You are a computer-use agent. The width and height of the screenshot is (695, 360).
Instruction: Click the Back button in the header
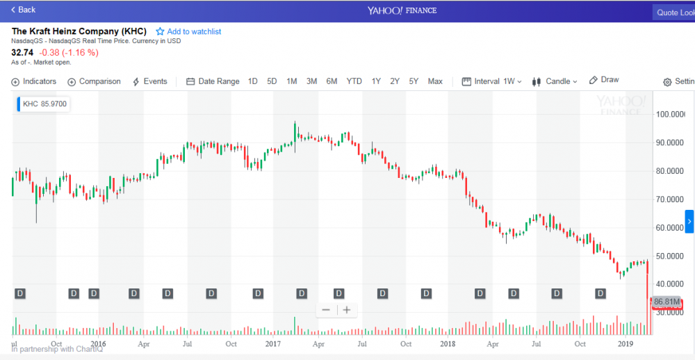[23, 10]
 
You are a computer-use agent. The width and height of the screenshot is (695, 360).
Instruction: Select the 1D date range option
[252, 81]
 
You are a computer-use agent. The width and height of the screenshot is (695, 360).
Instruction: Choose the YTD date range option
[354, 81]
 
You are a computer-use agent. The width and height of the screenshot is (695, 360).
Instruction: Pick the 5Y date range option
[414, 81]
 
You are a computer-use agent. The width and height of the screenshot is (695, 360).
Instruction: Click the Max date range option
[435, 81]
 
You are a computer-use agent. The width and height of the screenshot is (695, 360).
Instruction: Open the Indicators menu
[34, 81]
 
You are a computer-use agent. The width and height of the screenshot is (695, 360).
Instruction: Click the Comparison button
[94, 81]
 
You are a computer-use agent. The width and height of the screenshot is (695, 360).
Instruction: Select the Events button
[149, 81]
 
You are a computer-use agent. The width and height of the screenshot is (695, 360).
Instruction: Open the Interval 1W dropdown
[491, 81]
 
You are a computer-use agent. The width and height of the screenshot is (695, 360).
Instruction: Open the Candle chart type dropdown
[555, 81]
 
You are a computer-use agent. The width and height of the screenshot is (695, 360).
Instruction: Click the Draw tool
[604, 80]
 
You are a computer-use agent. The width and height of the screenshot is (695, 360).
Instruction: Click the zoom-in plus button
[346, 310]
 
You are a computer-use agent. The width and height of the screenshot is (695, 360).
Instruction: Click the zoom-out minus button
[326, 310]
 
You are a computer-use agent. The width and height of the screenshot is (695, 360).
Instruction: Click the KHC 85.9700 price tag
[44, 104]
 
